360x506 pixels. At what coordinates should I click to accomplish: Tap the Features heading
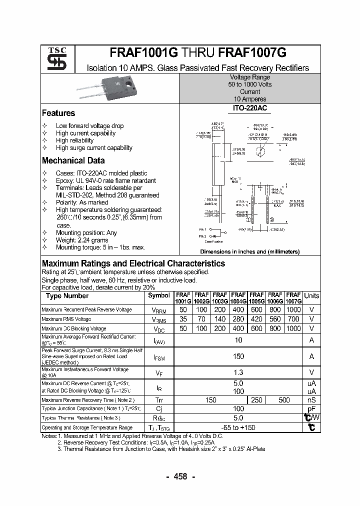coord(58,113)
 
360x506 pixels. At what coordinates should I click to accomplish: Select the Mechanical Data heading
coord(73,160)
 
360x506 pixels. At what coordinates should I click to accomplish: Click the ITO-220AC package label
coord(249,108)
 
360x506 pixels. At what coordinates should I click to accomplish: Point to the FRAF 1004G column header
coord(238,298)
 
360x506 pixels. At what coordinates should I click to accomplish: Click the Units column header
coord(311,295)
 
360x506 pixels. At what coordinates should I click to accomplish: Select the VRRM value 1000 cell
coord(294,310)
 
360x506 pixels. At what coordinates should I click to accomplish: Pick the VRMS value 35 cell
coord(183,319)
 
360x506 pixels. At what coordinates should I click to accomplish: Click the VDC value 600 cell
coord(256,328)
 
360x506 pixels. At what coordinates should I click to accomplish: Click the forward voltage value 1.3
coord(238,372)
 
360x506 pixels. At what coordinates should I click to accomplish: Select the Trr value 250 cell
coord(256,400)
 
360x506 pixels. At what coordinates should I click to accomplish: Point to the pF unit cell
coord(311,408)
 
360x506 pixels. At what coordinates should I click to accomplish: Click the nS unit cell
coord(311,400)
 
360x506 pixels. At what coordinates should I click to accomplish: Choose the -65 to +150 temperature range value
coord(238,427)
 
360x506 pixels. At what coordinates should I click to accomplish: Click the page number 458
coord(179,476)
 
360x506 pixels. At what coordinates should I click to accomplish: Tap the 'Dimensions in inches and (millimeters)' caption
coord(249,252)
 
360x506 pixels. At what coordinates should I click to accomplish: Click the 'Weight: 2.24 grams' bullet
coord(82,240)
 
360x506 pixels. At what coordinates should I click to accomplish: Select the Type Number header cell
coord(67,296)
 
